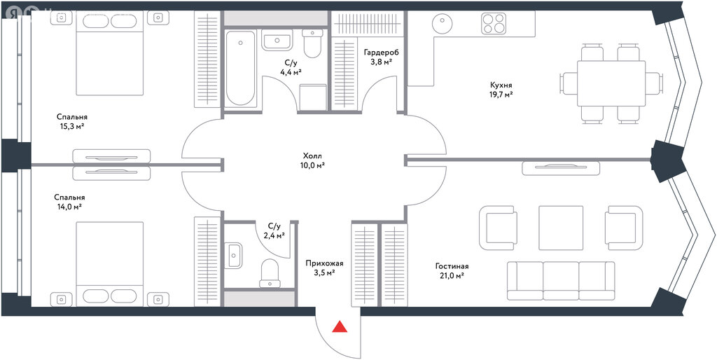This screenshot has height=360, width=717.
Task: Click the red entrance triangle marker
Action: point(339,326)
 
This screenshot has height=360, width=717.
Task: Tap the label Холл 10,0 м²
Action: point(314,160)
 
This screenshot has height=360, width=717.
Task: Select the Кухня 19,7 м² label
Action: point(501,90)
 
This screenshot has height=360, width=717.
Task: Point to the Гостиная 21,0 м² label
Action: point(452,271)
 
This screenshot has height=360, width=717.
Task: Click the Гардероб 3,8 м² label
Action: point(379,57)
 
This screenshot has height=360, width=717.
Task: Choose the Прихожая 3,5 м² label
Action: point(324,268)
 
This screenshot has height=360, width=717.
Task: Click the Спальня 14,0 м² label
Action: point(69,202)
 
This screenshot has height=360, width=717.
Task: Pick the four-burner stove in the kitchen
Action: point(494,23)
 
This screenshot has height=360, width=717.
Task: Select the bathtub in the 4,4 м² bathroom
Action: point(240,68)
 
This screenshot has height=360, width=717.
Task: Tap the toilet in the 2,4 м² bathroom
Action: point(269,273)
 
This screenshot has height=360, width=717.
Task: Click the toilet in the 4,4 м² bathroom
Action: point(313,43)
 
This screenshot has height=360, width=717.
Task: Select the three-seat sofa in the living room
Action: point(561,281)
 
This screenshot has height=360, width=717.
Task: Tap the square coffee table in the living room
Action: point(561,228)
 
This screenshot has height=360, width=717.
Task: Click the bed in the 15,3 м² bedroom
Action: point(110,53)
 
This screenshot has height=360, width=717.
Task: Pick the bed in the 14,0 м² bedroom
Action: point(110,264)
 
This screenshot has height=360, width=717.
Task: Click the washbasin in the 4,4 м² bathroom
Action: point(277,40)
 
